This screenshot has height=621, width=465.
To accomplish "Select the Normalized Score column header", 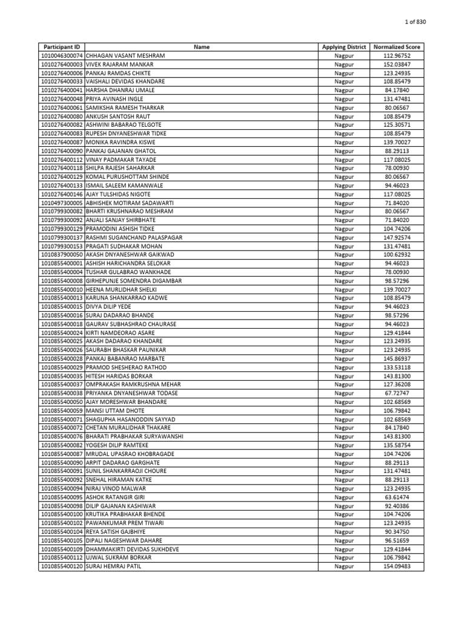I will [397, 47].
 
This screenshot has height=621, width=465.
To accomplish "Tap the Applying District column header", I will [344, 47].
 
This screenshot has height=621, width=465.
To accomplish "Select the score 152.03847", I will [397, 64].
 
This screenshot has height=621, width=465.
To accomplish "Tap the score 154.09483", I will [397, 566].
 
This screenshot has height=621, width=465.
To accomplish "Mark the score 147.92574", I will [397, 237].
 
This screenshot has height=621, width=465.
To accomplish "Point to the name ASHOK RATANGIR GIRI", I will [116, 497].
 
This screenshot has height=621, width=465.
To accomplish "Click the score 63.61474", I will [397, 497].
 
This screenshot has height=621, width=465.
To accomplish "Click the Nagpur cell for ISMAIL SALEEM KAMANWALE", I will [344, 186].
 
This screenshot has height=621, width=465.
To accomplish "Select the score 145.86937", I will [397, 358].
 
